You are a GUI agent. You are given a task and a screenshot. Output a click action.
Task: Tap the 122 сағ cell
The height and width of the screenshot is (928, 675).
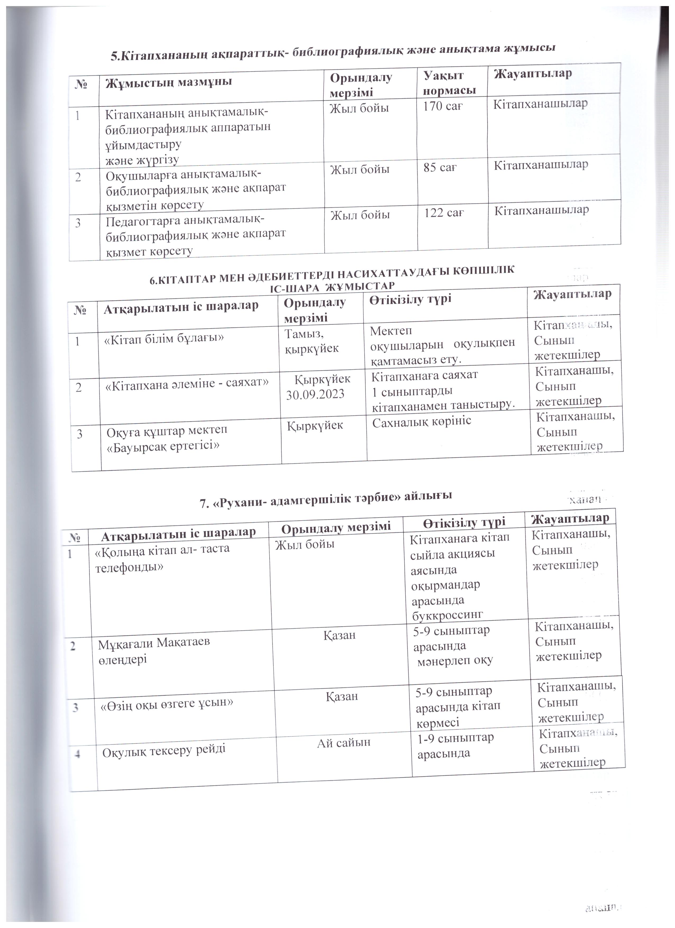click(x=444, y=213)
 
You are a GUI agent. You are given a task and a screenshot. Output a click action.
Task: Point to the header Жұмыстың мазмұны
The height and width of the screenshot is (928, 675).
click(x=169, y=82)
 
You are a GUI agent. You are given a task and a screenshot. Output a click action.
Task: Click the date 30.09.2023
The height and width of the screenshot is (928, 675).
click(x=315, y=394)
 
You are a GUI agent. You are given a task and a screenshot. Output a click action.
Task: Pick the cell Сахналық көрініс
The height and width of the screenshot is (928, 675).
click(x=422, y=421)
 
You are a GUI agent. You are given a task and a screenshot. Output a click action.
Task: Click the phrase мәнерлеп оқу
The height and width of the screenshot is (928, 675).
click(x=455, y=660)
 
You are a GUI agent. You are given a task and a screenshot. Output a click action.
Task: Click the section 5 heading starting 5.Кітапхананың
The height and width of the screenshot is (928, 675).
click(x=333, y=51)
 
